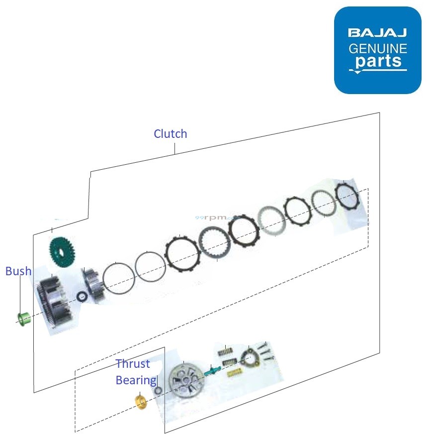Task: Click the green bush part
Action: [22, 318]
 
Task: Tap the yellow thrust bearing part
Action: [141, 401]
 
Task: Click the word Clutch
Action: [171, 134]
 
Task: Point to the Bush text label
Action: [18, 271]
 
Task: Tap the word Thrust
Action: [133, 364]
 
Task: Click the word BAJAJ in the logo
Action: [377, 33]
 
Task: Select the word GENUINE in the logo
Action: [378, 48]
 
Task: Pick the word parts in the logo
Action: [378, 62]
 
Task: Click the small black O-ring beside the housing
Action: [81, 297]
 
